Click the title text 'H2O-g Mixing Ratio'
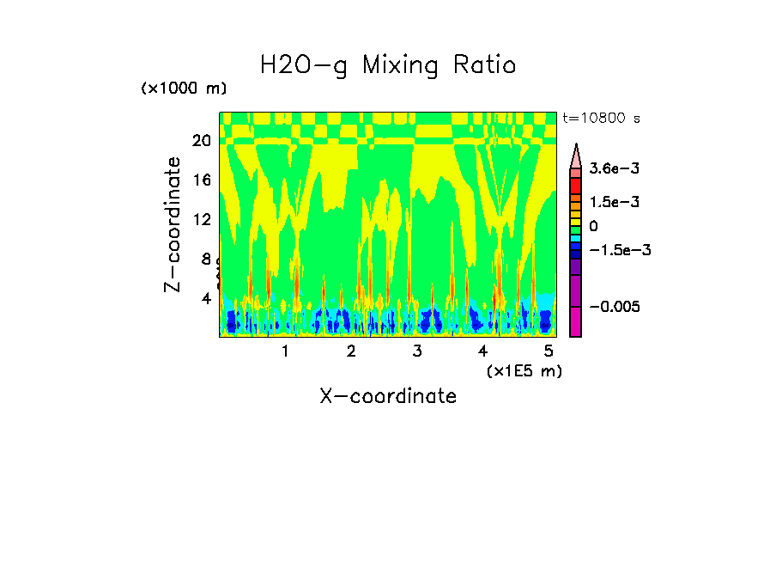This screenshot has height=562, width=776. tap(388, 65)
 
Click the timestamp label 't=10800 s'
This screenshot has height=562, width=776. tap(601, 118)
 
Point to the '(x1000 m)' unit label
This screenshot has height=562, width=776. tap(184, 89)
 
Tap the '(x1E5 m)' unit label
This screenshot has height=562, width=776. tap(524, 370)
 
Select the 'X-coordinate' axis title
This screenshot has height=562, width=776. tap(388, 396)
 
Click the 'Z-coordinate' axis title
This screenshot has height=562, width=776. tap(173, 224)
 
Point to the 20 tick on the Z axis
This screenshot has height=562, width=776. tap(202, 141)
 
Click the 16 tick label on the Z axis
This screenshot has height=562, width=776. tap(202, 180)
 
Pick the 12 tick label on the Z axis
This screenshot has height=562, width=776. tap(202, 219)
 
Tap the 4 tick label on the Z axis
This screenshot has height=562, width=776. tap(206, 298)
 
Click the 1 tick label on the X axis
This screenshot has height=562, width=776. tap(285, 351)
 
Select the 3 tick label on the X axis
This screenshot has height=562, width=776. tap(416, 351)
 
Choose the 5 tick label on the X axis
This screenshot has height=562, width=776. tap(549, 351)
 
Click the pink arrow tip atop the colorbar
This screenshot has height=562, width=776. tap(575, 155)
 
